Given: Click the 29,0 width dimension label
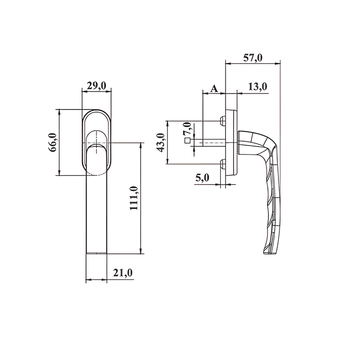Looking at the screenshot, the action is pos(96,86).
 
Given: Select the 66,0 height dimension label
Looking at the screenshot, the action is pos(52,142).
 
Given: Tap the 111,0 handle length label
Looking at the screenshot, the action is pos(134,198).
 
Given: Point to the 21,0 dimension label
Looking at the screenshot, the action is pos(123,273).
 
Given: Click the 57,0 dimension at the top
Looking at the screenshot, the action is pos(253,58).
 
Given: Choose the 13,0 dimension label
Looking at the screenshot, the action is pos(258,87).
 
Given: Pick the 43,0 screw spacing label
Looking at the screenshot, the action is pos(160,142).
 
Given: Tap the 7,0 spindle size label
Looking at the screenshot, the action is pos(187,129).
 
